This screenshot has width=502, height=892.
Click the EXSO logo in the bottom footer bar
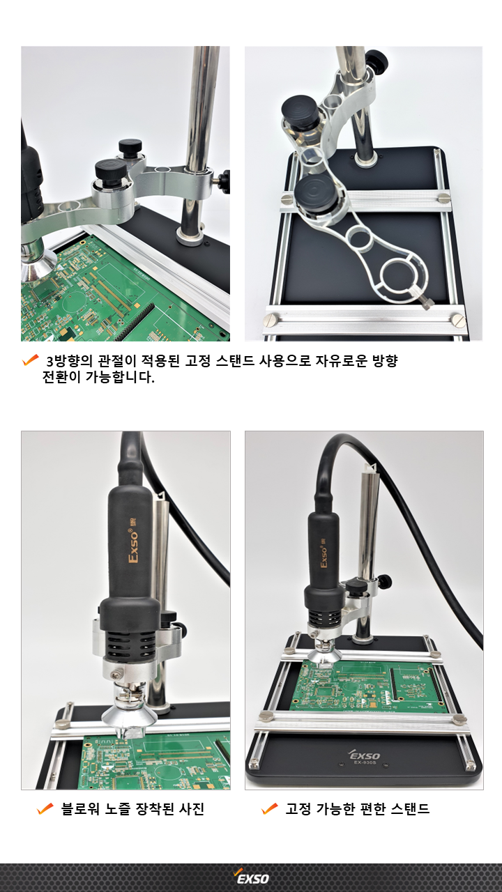click(252, 877)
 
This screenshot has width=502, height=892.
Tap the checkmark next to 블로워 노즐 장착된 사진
click(45, 809)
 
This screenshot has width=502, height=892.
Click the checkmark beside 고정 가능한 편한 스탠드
click(270, 809)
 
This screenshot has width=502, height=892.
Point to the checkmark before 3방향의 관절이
click(30, 360)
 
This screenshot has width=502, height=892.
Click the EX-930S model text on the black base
click(365, 762)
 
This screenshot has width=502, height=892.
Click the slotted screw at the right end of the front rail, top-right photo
click(458, 320)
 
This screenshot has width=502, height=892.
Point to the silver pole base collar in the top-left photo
click(190, 236)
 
